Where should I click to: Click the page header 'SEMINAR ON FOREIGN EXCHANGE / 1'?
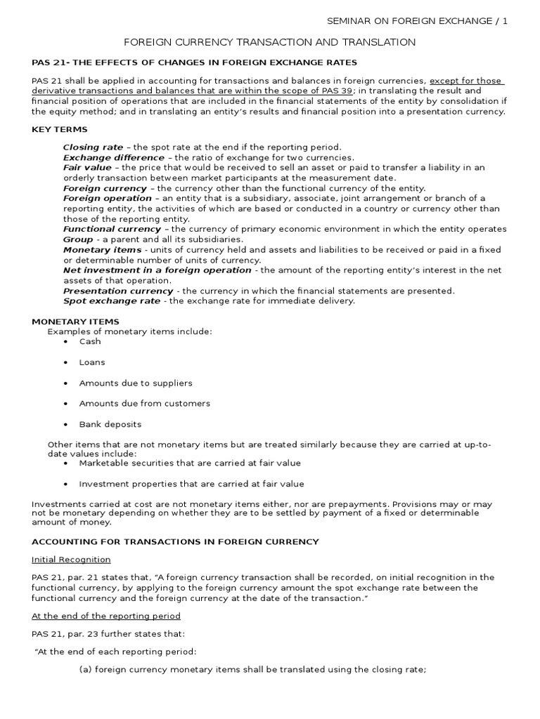tap(418, 21)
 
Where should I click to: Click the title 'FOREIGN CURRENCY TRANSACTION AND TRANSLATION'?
tap(269, 43)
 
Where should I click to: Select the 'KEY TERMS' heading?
tap(60, 130)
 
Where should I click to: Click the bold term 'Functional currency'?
tap(112, 230)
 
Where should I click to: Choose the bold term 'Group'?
tap(78, 239)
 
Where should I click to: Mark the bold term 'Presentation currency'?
tap(118, 291)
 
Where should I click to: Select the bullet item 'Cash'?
tap(90, 342)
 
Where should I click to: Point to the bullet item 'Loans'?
tap(92, 363)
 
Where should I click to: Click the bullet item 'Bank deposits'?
tap(110, 425)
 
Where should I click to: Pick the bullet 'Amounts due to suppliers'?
tap(136, 383)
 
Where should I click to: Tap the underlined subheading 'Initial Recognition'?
tap(71, 560)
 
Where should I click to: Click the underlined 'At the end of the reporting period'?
tap(106, 616)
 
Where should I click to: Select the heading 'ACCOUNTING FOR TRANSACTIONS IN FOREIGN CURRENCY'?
tap(176, 542)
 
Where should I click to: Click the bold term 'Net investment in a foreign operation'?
tap(157, 270)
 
